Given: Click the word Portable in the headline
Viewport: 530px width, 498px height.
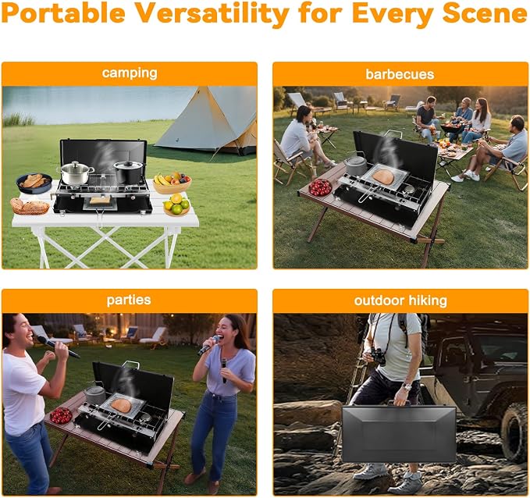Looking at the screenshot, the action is pos(63,12).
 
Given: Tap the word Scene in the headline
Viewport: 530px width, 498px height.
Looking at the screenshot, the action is pos(486,12).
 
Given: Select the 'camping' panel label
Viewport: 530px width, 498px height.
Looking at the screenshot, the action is pos(130,73).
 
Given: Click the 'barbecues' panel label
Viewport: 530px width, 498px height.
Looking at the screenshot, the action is pos(400,74).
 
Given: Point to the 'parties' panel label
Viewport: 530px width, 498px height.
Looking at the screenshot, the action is pos(129,300).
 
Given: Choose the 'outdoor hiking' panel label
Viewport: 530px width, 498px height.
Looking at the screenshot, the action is pos(400,301).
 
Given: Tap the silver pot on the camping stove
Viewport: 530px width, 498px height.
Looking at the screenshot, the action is pos(76,173).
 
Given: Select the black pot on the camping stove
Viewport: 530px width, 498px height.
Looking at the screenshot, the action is pos(129,172).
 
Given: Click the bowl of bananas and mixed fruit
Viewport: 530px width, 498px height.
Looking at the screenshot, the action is pos(172,183).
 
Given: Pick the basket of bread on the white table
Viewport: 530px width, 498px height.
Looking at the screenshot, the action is pos(30,206).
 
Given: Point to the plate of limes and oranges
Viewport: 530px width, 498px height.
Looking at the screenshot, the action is pos(176,205).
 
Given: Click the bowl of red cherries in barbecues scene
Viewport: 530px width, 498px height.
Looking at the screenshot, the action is pos(320,187).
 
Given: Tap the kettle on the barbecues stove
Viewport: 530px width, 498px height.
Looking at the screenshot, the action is pos(356,164).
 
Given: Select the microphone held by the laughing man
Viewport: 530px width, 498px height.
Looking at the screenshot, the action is pos(58,347).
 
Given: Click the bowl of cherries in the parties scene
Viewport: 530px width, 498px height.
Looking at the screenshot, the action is pos(61,415).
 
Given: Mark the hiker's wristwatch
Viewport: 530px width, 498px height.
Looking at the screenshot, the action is pos(407,386).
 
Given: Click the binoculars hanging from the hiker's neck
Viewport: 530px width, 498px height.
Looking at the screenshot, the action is pos(379,356).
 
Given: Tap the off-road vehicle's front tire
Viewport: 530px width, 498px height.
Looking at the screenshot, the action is pos(515,432).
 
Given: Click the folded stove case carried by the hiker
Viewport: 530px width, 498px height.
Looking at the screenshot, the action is pos(399,433).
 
